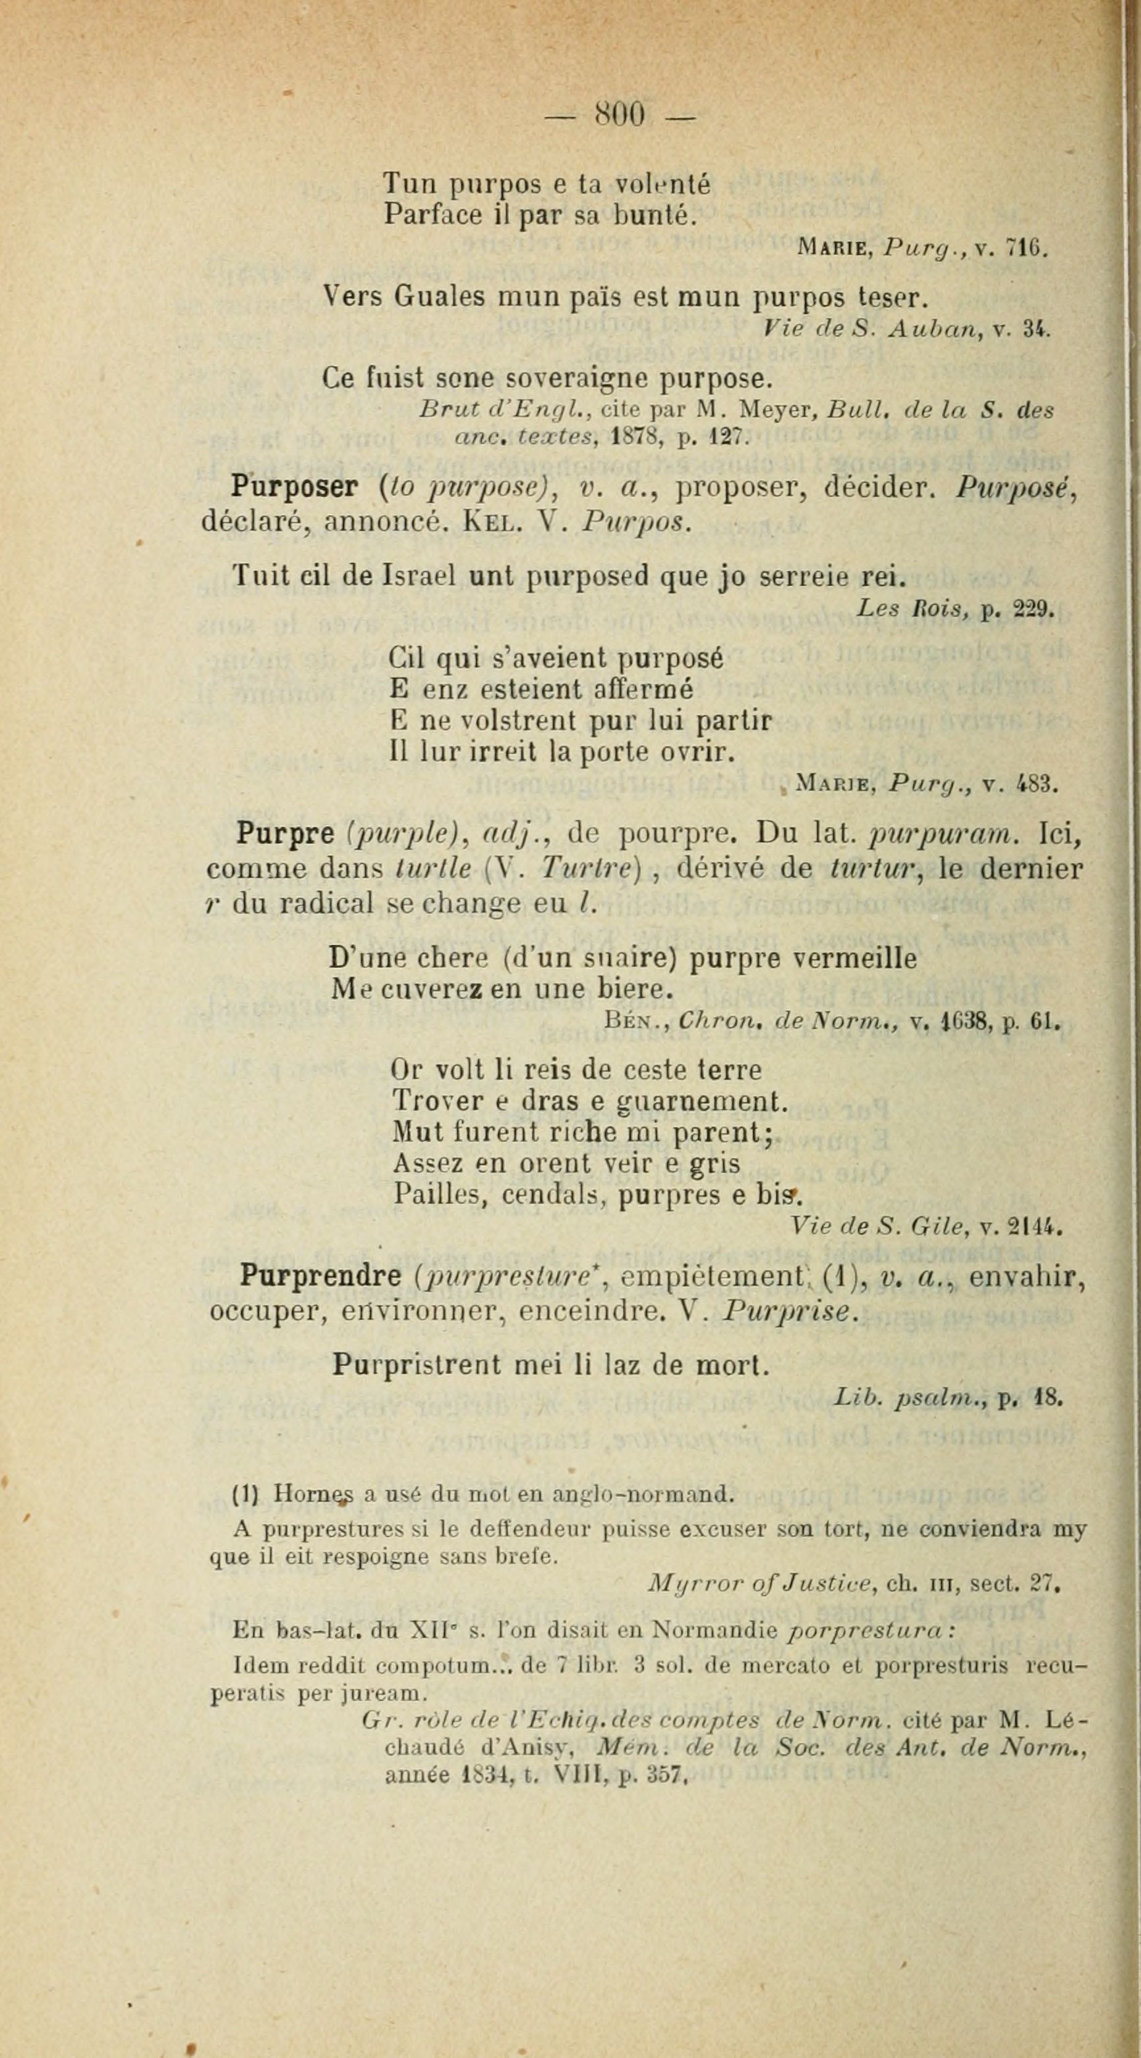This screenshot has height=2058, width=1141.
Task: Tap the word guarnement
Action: point(703,1102)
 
